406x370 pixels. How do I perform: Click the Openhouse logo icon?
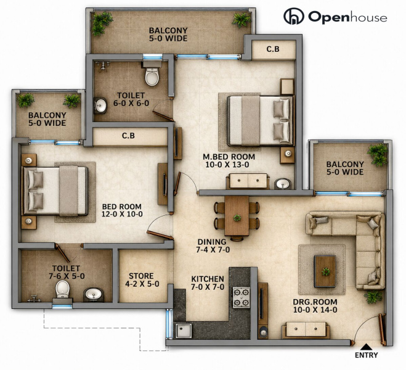(294, 16)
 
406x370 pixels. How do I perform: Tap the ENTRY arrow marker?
(365, 347)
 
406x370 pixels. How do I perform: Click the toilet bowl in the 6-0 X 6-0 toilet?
(152, 76)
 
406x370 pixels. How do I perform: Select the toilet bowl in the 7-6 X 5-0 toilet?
(63, 289)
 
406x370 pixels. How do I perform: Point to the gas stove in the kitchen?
(242, 297)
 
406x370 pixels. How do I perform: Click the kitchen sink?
(184, 331)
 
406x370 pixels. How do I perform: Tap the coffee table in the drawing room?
(325, 271)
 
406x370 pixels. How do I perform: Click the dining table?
(237, 216)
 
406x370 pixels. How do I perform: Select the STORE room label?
(141, 276)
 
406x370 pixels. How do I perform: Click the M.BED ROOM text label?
(229, 157)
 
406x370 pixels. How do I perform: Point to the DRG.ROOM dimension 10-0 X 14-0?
(315, 310)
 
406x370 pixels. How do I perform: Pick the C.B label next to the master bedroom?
(273, 49)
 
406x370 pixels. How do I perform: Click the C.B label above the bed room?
(128, 136)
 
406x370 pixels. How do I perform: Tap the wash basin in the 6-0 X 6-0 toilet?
(100, 105)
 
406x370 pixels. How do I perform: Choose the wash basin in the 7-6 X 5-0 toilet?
(94, 295)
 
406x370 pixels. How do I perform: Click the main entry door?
(381, 329)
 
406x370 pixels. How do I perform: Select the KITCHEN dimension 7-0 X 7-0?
(208, 287)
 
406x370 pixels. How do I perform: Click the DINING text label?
(212, 242)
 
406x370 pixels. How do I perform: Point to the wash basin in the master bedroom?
(283, 184)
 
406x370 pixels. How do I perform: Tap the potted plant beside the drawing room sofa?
(373, 297)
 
